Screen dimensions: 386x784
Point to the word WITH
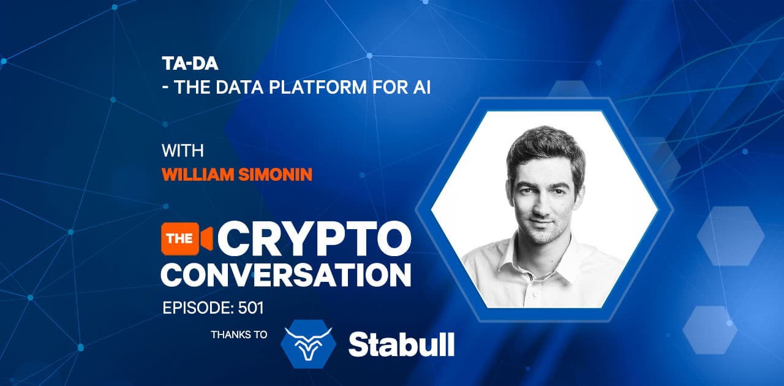point(183,151)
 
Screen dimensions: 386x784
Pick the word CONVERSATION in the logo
point(286,274)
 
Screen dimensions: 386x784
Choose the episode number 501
point(247,308)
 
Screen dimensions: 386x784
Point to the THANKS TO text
point(239,335)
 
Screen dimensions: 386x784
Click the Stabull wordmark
point(402,344)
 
